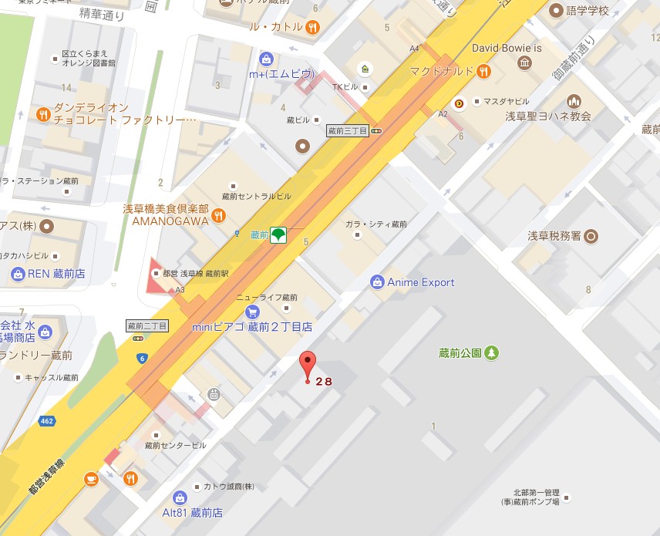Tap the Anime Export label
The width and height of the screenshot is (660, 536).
click(x=420, y=282)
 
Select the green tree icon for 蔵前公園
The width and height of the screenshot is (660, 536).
click(x=491, y=352)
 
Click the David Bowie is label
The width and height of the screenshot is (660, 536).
click(x=506, y=48)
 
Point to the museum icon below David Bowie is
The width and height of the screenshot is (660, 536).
click(x=525, y=62)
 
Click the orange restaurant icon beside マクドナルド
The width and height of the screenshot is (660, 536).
click(x=483, y=72)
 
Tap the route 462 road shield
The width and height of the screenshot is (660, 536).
click(x=48, y=421)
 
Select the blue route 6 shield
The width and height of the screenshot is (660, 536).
click(x=143, y=358)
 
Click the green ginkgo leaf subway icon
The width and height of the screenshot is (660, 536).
click(x=278, y=235)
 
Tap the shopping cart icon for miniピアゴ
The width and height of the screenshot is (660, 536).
click(x=252, y=312)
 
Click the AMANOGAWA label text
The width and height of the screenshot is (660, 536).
click(x=170, y=221)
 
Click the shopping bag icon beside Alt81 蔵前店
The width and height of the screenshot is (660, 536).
click(x=179, y=497)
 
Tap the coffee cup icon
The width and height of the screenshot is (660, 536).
click(x=91, y=478)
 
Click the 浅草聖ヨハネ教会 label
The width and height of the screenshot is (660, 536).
click(x=548, y=116)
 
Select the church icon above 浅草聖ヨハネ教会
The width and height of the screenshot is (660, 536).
click(x=574, y=101)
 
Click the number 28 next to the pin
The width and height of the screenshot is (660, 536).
click(x=324, y=381)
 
